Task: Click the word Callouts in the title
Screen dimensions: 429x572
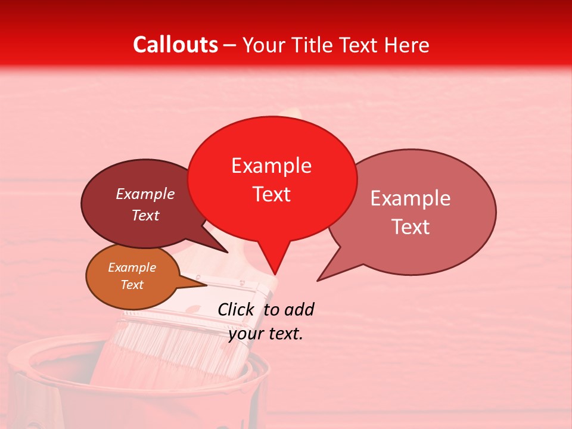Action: [x=175, y=45]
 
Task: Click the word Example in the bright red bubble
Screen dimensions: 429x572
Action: [x=271, y=166]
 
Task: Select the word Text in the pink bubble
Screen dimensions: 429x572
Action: [x=410, y=227]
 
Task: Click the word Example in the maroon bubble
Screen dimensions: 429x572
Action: [x=145, y=194]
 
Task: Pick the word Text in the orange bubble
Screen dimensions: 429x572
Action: [x=132, y=285]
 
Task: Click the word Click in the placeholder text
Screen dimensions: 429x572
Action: [x=237, y=309]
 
